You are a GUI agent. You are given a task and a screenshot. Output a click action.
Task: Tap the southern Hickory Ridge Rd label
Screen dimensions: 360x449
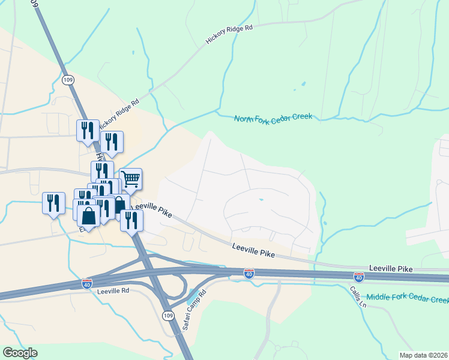[x=119, y=113]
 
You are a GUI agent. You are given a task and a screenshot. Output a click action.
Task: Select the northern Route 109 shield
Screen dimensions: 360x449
[x=68, y=79]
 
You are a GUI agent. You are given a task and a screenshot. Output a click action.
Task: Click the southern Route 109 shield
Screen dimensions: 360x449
[x=167, y=316]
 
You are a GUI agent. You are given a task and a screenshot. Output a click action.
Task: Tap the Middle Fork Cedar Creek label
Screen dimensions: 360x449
[x=407, y=298]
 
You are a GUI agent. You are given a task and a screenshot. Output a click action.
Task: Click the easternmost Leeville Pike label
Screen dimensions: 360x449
[x=391, y=267]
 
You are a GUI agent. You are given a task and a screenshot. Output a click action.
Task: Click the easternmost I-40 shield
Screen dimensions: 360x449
[x=359, y=277]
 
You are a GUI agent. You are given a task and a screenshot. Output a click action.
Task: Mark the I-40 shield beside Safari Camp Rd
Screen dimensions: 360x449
[x=249, y=274]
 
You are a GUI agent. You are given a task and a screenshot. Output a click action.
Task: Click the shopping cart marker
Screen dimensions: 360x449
[x=130, y=178]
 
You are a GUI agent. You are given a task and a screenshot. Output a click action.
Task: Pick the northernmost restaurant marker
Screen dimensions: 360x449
[x=88, y=130]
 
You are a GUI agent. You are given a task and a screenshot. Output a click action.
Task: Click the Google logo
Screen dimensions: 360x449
[x=20, y=353]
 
